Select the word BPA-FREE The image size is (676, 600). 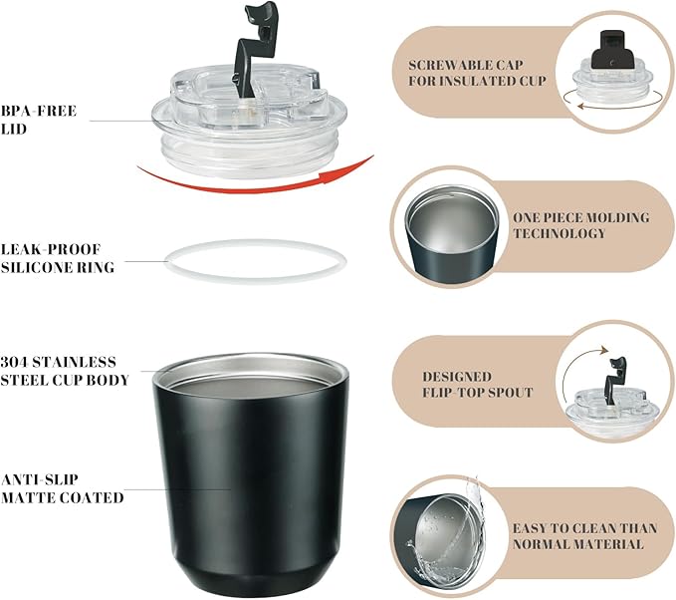[x=39, y=111]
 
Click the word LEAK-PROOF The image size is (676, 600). [x=51, y=249]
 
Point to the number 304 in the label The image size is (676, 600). [x=14, y=362]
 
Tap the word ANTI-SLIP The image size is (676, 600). [x=40, y=479]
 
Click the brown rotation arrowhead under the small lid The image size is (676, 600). [x=581, y=106]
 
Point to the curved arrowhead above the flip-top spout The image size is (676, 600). [x=604, y=350]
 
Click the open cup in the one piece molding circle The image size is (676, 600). [x=451, y=235]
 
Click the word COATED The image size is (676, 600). [x=92, y=497]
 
